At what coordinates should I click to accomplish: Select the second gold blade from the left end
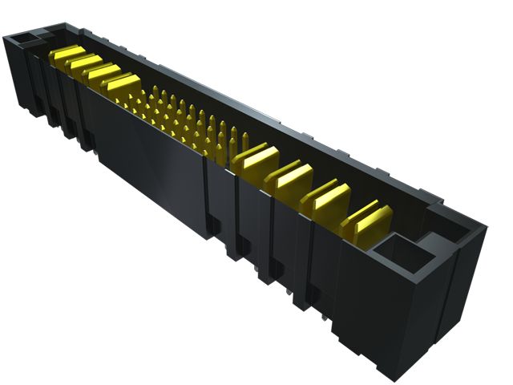84,63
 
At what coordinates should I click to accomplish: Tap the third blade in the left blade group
103,73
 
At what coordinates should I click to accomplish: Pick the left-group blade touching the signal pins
123,83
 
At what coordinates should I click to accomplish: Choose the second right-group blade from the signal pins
293,177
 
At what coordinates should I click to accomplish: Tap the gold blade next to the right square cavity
372,219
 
